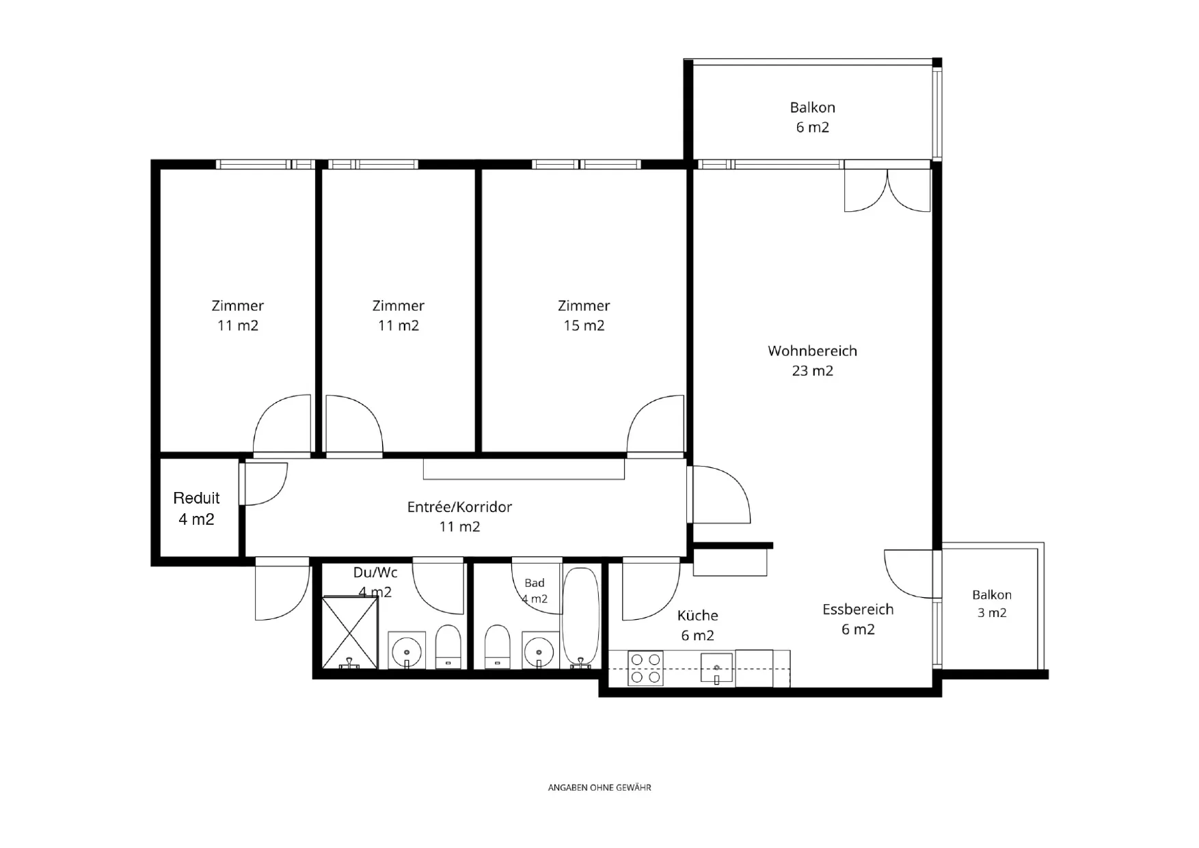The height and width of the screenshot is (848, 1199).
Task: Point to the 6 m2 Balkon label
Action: pos(812,117)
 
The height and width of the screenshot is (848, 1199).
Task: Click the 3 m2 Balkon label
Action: pos(992,603)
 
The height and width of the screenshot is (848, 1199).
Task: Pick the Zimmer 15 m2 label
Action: pos(584,316)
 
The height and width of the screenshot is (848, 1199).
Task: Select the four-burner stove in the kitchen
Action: pos(645,668)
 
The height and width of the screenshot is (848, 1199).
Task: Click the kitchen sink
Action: pos(716,668)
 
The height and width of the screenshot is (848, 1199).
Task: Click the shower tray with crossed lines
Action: pos(349,632)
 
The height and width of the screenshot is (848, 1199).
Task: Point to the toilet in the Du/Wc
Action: pos(448,646)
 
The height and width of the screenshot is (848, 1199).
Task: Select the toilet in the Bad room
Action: pos(497,646)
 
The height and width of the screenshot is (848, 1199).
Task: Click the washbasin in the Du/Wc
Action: pos(407,650)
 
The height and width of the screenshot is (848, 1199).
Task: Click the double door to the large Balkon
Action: pos(887,187)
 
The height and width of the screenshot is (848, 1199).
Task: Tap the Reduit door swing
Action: pos(265,483)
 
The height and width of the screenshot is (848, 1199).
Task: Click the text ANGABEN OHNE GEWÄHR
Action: pos(599,787)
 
